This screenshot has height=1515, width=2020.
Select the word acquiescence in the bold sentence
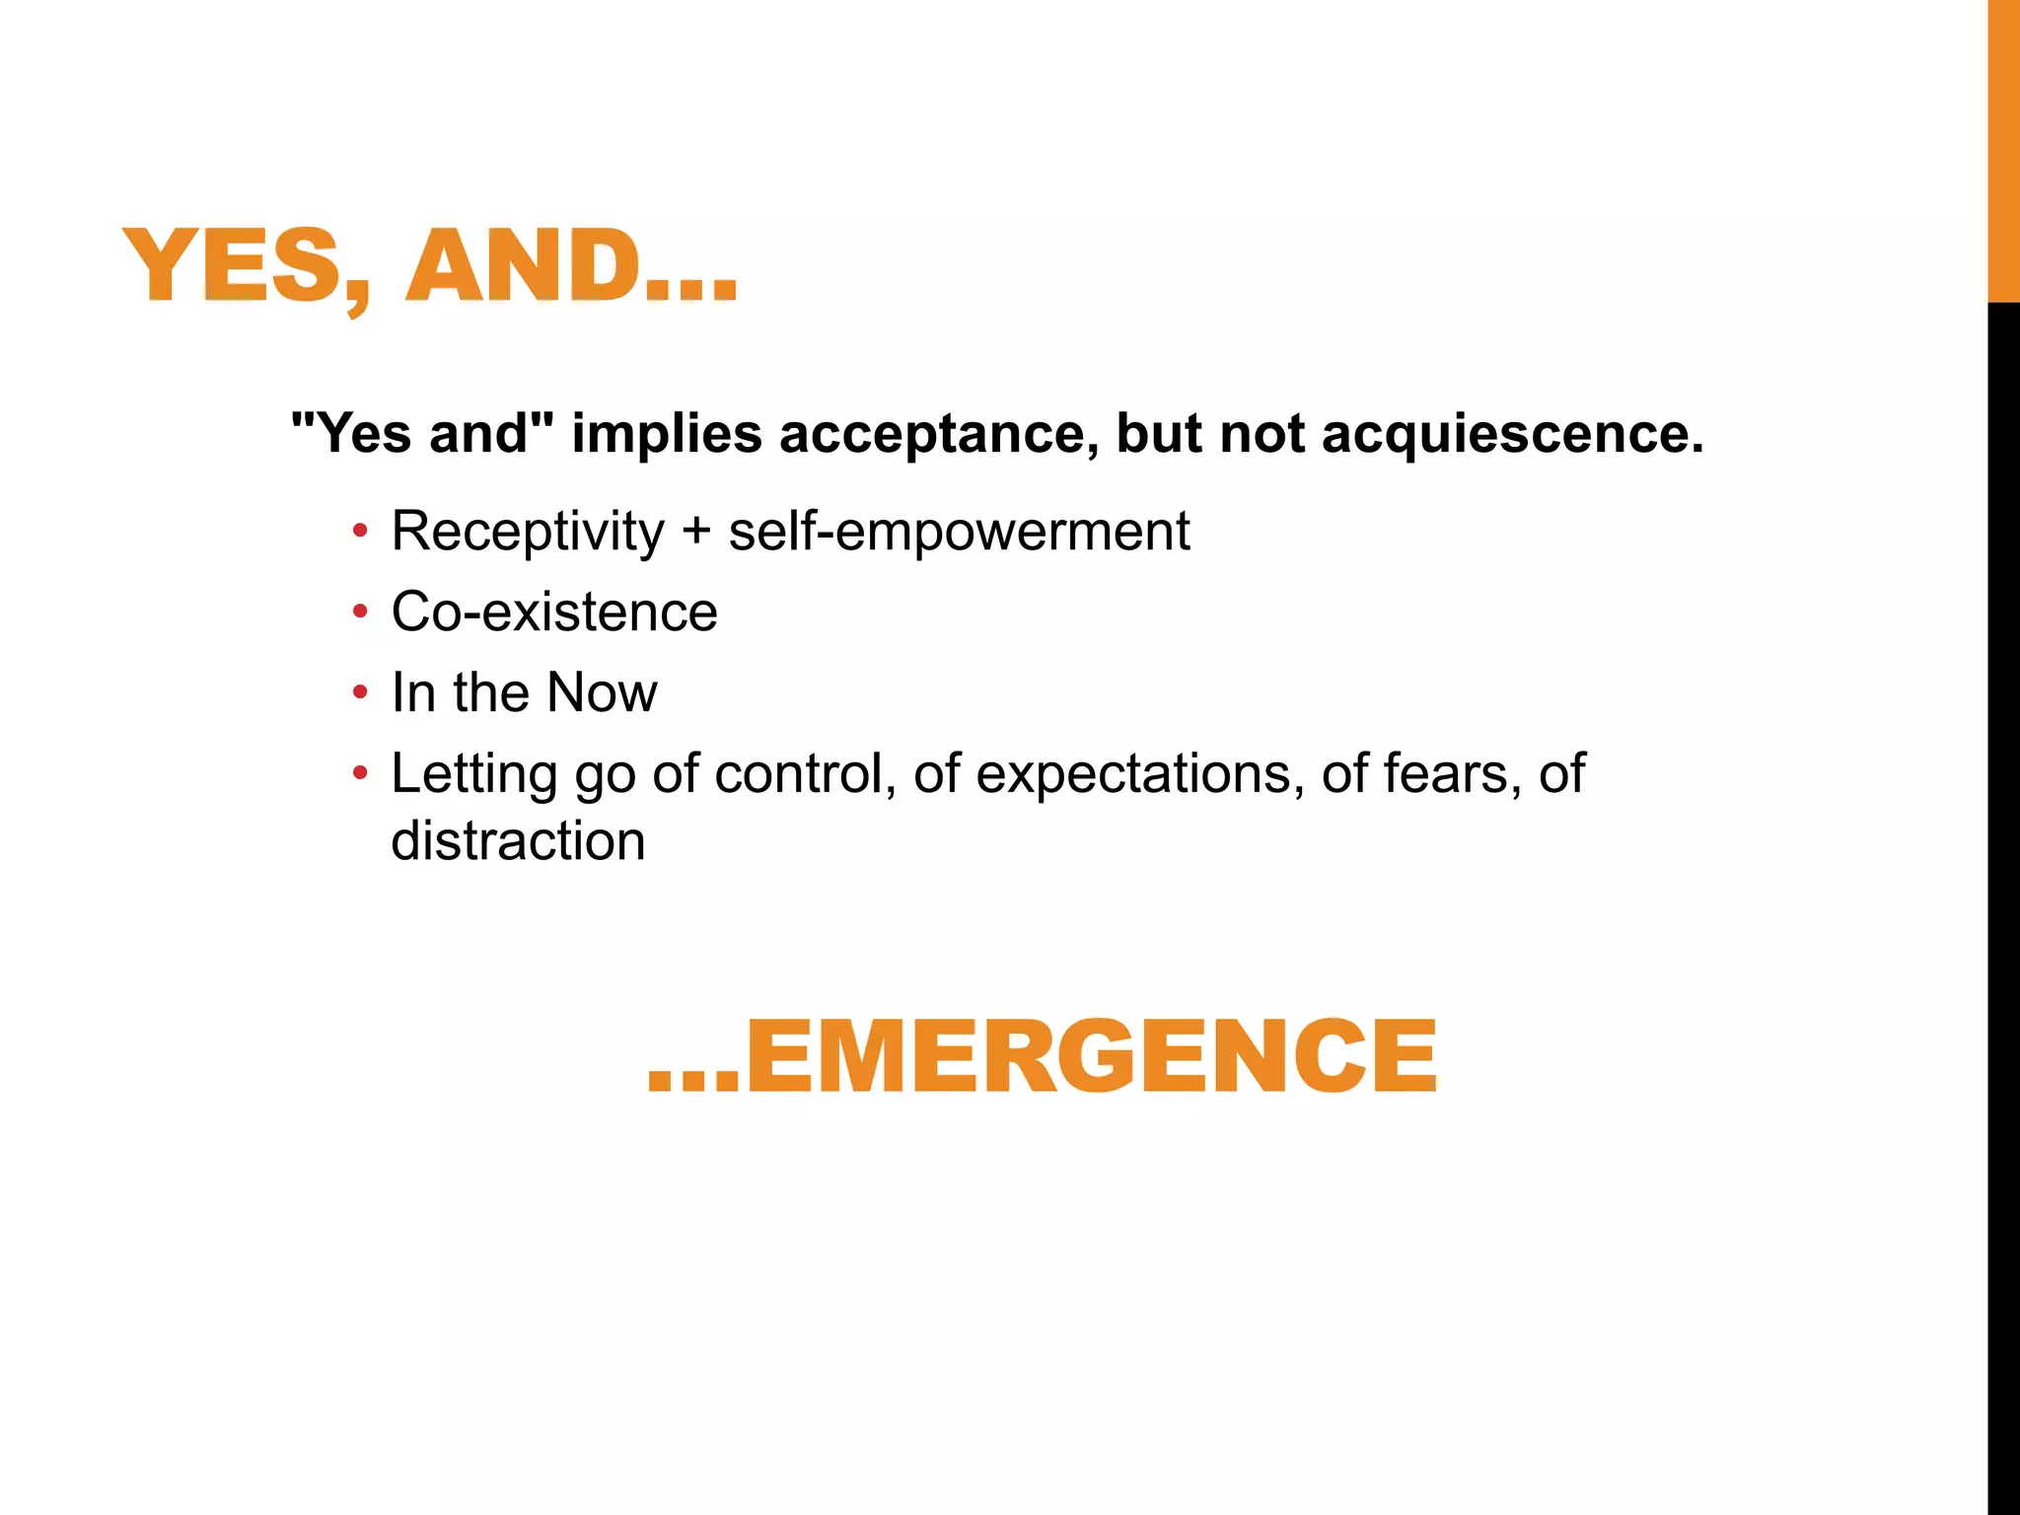tap(1512, 434)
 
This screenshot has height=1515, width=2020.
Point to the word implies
tap(667, 434)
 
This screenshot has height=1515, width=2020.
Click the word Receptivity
tap(528, 532)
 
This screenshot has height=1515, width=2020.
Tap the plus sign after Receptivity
tap(696, 532)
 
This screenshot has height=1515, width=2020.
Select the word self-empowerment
tap(959, 532)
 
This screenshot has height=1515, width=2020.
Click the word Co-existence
tap(554, 613)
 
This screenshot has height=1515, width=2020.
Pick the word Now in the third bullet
tap(602, 692)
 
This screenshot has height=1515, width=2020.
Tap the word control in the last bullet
tap(799, 774)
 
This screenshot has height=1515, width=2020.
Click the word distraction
tap(518, 841)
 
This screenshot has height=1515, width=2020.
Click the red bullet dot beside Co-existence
tap(361, 613)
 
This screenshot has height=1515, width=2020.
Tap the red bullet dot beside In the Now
tap(361, 693)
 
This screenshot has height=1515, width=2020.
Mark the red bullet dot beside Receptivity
tap(361, 532)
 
